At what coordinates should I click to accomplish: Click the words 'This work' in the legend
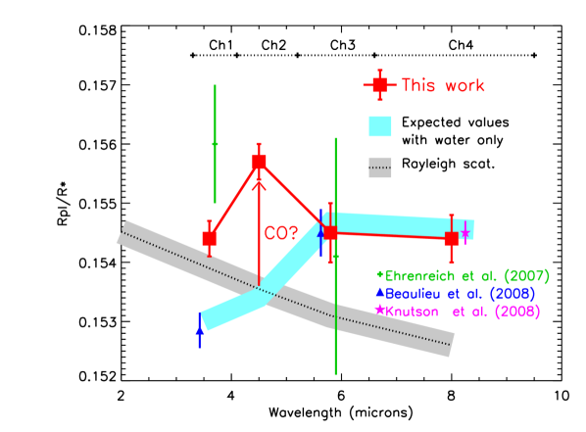(x=443, y=86)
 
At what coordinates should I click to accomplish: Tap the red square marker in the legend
(x=379, y=85)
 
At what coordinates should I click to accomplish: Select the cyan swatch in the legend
(x=380, y=126)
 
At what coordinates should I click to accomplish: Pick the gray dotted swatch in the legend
(x=380, y=168)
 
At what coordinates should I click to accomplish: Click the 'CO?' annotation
(x=281, y=233)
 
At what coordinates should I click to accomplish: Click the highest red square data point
(x=259, y=161)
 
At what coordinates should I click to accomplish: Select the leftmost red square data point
(x=209, y=238)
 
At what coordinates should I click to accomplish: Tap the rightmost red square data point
(x=451, y=238)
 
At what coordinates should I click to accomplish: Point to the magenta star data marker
(x=464, y=235)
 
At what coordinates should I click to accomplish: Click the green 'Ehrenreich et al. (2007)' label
(x=466, y=277)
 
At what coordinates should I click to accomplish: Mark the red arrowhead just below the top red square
(x=259, y=182)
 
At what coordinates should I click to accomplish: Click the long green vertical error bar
(x=336, y=313)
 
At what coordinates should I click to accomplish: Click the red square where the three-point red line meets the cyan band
(x=330, y=232)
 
